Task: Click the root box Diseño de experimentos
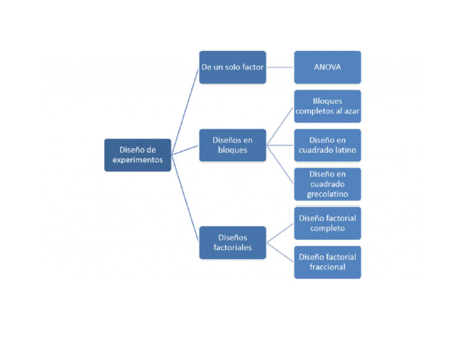click(x=137, y=155)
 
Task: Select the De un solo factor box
click(x=232, y=67)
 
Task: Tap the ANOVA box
click(x=327, y=67)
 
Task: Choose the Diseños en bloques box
click(x=232, y=145)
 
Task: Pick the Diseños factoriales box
click(x=232, y=242)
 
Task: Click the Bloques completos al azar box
click(x=327, y=106)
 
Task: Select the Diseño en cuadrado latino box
click(x=327, y=145)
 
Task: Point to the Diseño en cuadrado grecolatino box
click(x=327, y=184)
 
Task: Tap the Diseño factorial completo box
click(x=327, y=222)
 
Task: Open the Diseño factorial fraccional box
click(x=327, y=262)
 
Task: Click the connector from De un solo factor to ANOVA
click(x=280, y=67)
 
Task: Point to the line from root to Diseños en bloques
click(x=185, y=150)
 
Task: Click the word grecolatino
click(x=327, y=194)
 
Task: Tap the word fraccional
click(x=327, y=267)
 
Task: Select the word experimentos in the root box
click(x=137, y=161)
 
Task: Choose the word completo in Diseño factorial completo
click(x=327, y=228)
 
